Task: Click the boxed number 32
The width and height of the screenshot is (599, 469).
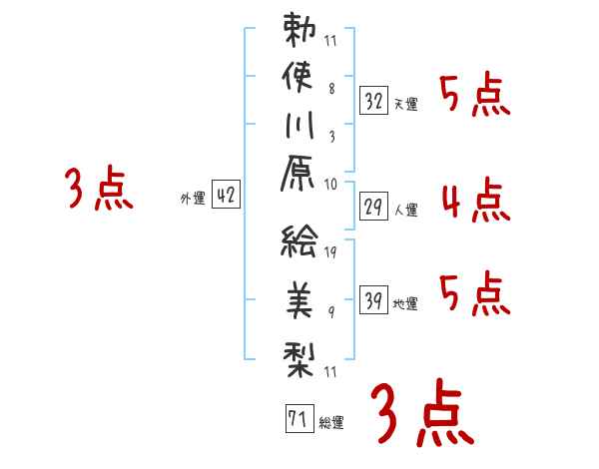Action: pos(373,100)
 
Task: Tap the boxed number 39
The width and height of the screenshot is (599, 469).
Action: pos(373,299)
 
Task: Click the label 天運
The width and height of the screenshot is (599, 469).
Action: pos(405,104)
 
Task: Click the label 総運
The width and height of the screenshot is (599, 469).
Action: pos(331,422)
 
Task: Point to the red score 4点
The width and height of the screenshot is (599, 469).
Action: pos(474,199)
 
